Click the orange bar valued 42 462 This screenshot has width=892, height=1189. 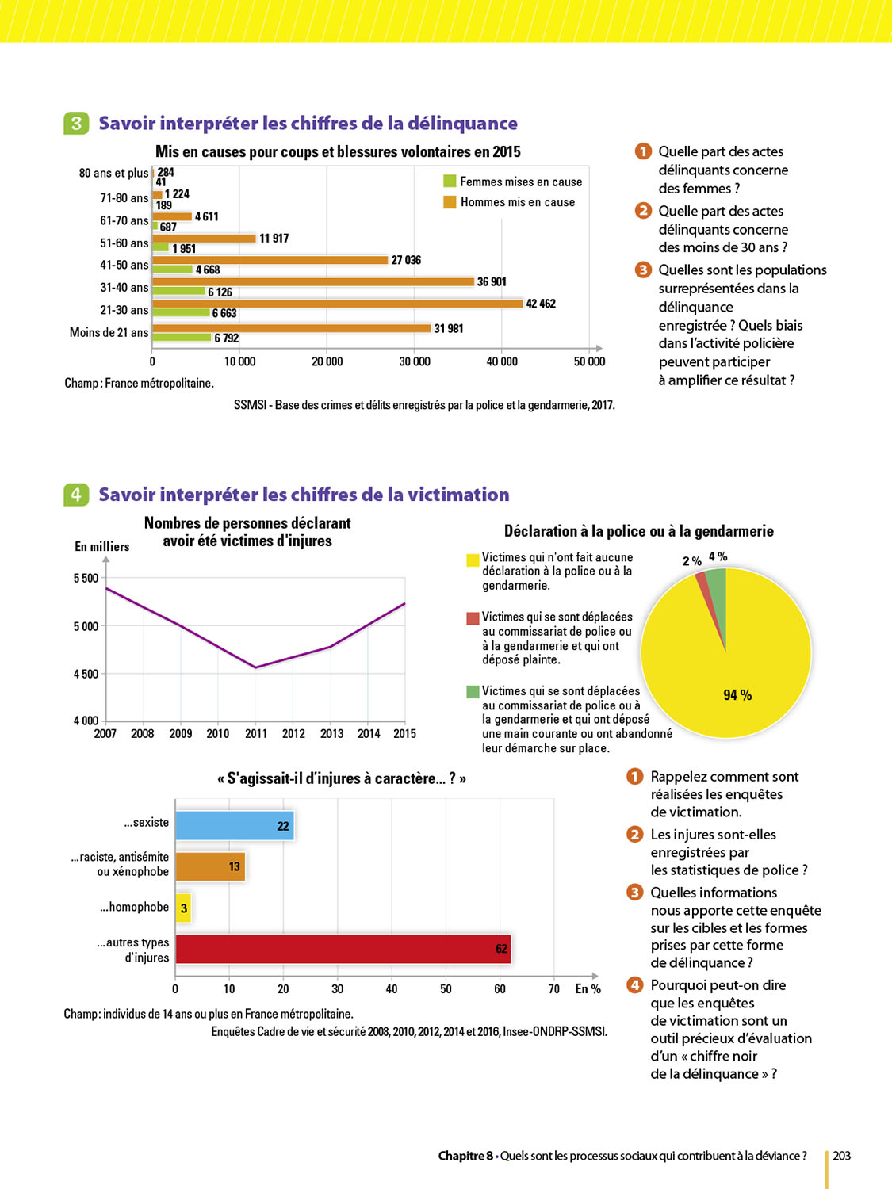[337, 304]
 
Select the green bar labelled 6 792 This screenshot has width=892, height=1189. [182, 338]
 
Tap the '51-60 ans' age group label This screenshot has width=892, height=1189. [124, 243]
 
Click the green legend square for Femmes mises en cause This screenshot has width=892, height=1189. [450, 182]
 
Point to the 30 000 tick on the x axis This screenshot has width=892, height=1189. [414, 361]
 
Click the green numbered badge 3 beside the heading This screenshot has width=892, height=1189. [76, 123]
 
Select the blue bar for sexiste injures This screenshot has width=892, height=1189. [234, 825]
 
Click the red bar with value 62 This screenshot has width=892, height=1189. [343, 949]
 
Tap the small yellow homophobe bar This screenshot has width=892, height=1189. [183, 908]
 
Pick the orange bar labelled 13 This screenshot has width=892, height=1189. [209, 866]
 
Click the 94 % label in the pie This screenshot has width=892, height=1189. [737, 695]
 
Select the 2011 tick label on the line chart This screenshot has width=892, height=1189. [255, 734]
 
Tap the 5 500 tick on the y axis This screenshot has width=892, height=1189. [86, 579]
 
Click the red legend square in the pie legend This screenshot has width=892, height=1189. [473, 618]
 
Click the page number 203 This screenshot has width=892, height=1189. [841, 1156]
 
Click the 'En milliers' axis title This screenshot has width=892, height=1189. [101, 547]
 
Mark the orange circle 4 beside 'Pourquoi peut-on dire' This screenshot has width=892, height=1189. [634, 985]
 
